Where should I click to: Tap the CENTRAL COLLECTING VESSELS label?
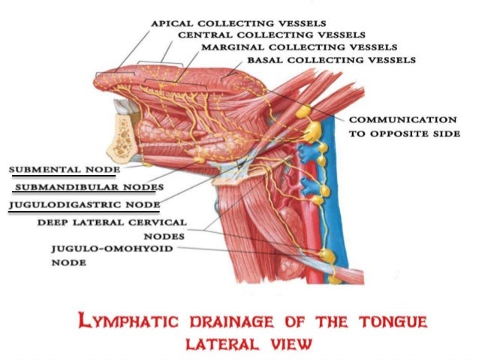pyautogui.click(x=272, y=35)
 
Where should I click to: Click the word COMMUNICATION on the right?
pyautogui.click(x=402, y=119)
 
